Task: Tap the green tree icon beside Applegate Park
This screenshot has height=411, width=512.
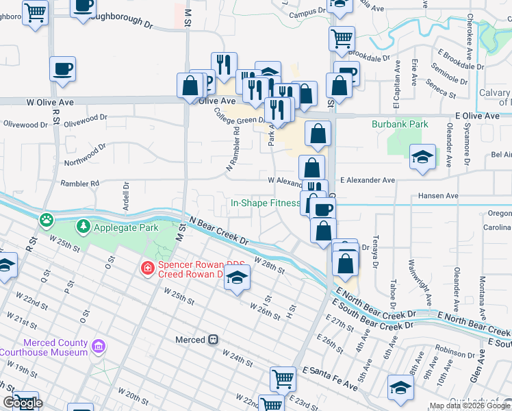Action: [x=84, y=226]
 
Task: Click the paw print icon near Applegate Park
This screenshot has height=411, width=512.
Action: [x=46, y=220]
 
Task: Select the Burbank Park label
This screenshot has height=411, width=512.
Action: [x=400, y=125]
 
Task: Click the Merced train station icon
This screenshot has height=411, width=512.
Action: [x=214, y=340]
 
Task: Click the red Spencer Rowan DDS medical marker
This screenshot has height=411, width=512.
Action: [x=146, y=268]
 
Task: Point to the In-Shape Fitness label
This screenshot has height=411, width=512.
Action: [x=265, y=203]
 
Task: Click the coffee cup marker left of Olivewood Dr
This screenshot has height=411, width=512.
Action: [x=62, y=69]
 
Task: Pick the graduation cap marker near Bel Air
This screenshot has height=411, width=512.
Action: [x=422, y=156]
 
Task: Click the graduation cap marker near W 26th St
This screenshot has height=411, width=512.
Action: [x=237, y=277]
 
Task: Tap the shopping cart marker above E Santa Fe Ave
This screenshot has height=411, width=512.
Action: [x=283, y=377]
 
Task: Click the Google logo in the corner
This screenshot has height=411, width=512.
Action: [x=22, y=403]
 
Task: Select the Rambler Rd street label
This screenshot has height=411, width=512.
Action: [x=79, y=184]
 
